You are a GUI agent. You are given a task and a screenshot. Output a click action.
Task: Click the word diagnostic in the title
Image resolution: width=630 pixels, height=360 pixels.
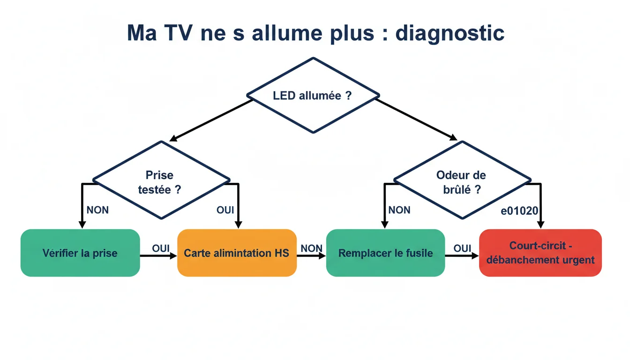[x=450, y=34]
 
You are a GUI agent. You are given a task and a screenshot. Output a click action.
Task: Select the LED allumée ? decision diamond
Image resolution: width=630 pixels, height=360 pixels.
[x=313, y=96]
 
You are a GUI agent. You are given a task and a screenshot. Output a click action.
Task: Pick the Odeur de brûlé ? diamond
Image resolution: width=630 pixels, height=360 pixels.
[x=461, y=182]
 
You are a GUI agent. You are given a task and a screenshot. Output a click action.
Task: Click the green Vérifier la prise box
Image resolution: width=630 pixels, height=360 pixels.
[x=80, y=253]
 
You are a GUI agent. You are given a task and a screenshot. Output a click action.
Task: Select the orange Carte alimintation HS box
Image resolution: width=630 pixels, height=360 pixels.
[x=237, y=253]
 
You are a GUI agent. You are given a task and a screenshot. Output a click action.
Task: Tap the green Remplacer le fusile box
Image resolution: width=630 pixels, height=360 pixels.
[x=385, y=253]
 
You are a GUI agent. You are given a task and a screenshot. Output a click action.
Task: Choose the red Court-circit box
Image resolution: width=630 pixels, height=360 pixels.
[x=540, y=253]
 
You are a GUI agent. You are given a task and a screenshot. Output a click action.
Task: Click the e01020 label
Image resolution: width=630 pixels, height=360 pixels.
[x=519, y=210]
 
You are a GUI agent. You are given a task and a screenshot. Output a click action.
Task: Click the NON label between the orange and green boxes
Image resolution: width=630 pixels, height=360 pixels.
[x=311, y=248]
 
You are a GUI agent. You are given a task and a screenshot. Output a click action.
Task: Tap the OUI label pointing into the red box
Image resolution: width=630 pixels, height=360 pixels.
[x=462, y=248]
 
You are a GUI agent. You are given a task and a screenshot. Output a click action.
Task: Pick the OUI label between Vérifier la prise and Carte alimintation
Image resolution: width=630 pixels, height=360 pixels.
[x=161, y=248]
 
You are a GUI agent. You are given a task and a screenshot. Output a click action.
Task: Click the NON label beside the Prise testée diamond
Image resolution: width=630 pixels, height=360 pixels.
[x=97, y=210]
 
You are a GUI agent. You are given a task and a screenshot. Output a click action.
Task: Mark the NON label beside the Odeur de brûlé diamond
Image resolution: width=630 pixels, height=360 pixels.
[x=399, y=210]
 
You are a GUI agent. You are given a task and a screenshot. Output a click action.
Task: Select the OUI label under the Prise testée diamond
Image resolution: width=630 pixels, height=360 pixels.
[x=225, y=210]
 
